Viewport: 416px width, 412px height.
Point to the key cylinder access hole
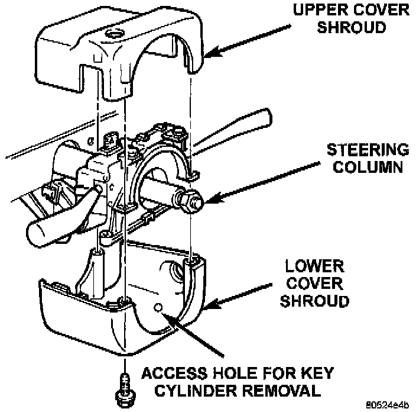158,307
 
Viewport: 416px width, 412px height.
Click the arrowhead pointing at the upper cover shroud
209,55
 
